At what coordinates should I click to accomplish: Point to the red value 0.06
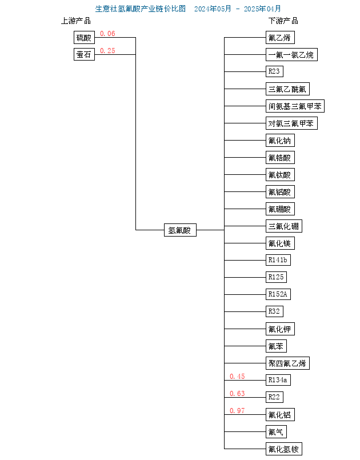tap(107, 34)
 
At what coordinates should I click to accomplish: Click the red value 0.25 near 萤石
tap(107, 51)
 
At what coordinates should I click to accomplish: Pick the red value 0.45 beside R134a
tap(237, 377)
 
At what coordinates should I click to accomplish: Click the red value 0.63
tap(237, 393)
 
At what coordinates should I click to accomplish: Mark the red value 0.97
tap(237, 411)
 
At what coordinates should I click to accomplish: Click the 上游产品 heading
tap(76, 21)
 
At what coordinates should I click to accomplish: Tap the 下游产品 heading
tap(283, 21)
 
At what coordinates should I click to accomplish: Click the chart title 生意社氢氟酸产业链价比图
tap(141, 9)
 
